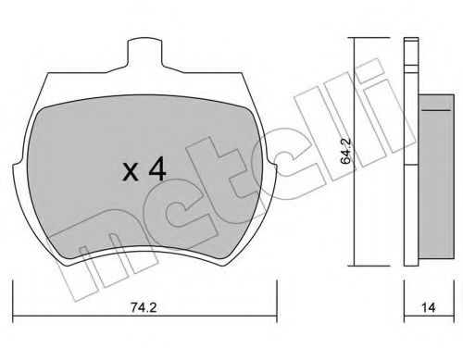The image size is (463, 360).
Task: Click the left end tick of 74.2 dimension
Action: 12,298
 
